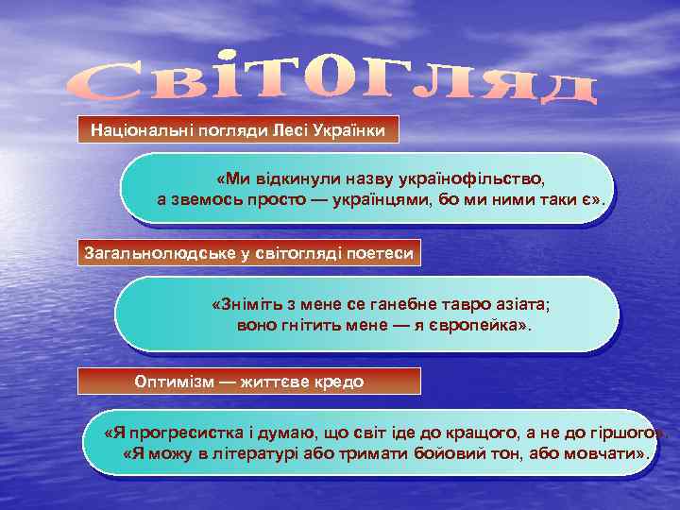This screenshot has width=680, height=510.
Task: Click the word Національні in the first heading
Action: [x=133, y=129]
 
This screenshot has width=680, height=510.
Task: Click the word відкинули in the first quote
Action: [x=282, y=178]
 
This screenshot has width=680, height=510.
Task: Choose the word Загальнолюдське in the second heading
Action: [x=150, y=253]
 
